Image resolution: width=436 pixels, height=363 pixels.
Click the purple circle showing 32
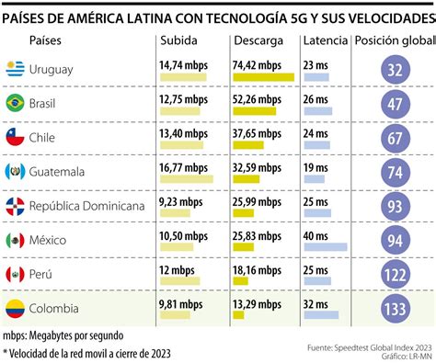[x=396, y=69]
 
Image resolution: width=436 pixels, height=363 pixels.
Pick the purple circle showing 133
[x=396, y=309]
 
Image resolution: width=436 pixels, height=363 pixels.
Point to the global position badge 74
[x=396, y=172]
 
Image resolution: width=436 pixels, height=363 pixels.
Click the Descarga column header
[x=258, y=40]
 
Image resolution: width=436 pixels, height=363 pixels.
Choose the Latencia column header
[x=325, y=40]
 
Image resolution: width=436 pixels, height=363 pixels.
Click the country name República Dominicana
[x=87, y=206]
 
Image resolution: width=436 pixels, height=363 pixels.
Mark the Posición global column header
[x=394, y=40]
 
